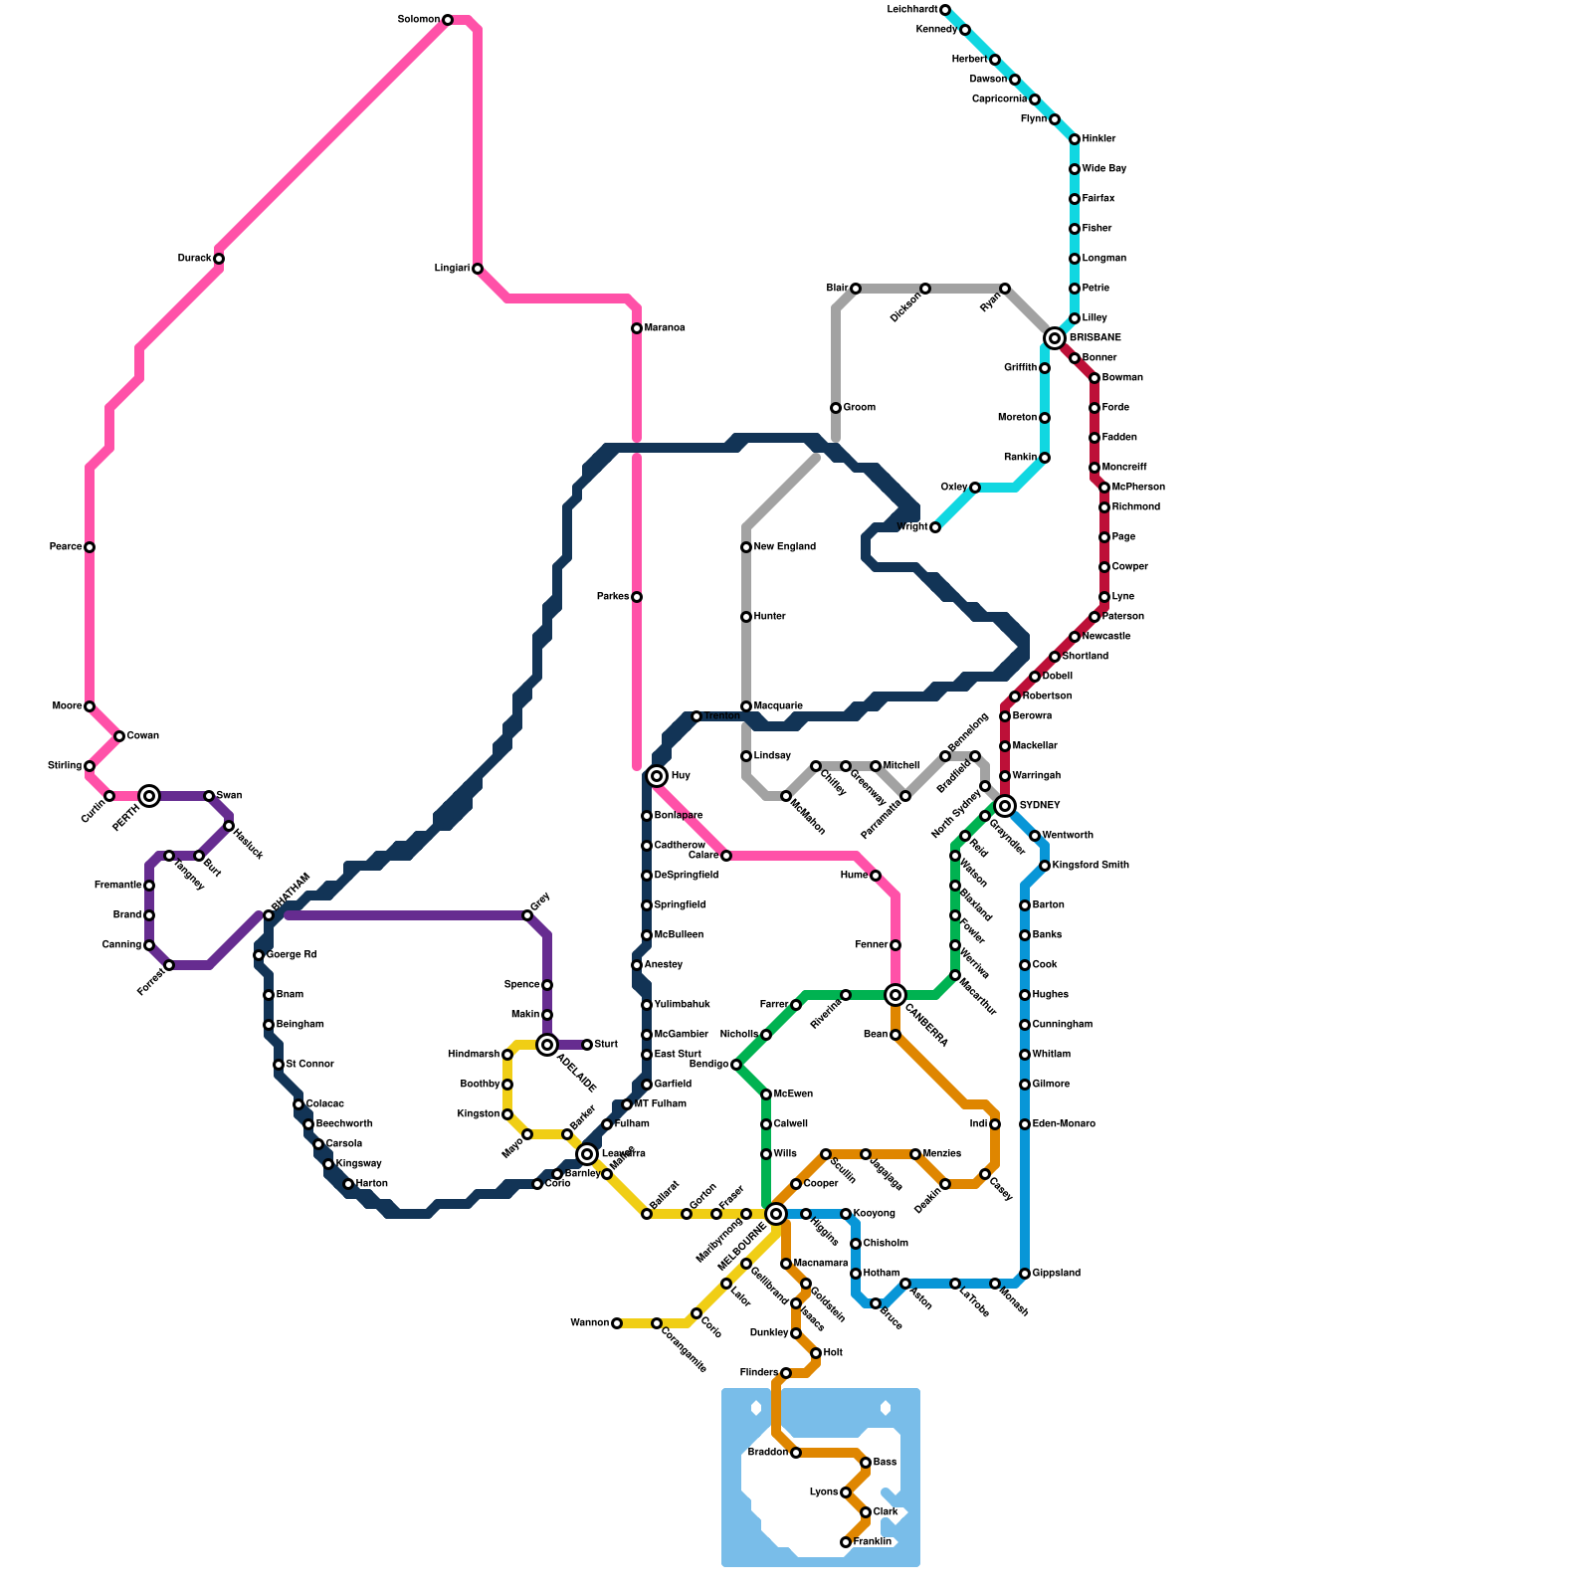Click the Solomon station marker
click(448, 20)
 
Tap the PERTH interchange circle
click(149, 795)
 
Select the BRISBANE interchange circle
click(1055, 338)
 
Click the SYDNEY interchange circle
click(1005, 805)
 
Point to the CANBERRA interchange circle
click(895, 994)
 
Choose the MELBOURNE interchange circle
click(776, 1213)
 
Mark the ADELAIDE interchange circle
click(546, 1044)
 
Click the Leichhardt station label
click(912, 10)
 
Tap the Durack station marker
click(219, 259)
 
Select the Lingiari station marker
click(478, 269)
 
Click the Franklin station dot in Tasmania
click(846, 1542)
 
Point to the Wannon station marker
click(617, 1323)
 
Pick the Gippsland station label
click(1057, 1274)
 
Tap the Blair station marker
click(856, 289)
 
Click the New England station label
click(785, 547)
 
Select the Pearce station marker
click(90, 547)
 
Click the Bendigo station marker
click(736, 1065)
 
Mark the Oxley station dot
click(975, 488)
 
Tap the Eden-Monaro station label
click(1064, 1124)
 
